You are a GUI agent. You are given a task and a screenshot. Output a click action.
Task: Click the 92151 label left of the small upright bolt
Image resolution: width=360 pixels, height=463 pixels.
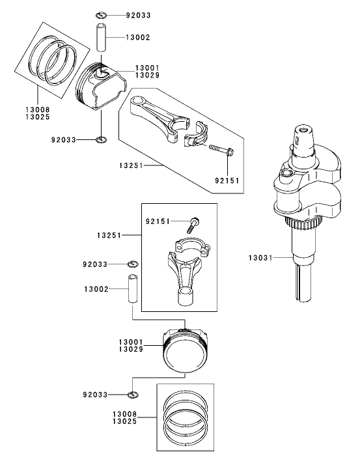(157, 221)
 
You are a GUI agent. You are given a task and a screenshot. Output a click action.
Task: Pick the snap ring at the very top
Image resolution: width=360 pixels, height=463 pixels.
(102, 14)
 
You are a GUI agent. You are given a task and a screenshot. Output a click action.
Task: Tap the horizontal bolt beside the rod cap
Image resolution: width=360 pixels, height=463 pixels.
(222, 151)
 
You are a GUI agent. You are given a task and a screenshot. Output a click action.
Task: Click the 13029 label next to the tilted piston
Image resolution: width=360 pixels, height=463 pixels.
(148, 76)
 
